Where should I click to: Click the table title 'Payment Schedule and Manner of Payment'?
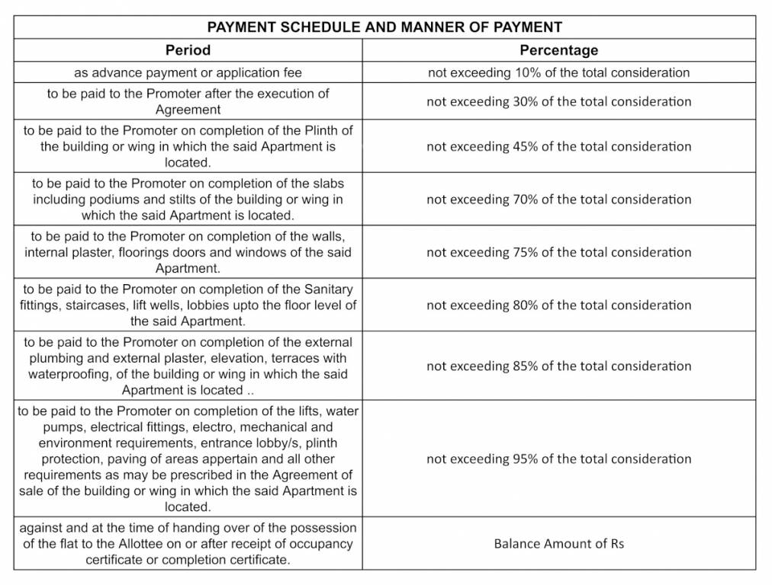(x=385, y=27)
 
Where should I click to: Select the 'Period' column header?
(x=188, y=50)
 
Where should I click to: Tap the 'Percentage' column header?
(x=558, y=50)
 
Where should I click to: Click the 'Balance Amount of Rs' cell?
(x=558, y=544)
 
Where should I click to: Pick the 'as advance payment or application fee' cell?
(x=188, y=73)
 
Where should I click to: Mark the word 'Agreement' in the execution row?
(x=188, y=109)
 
